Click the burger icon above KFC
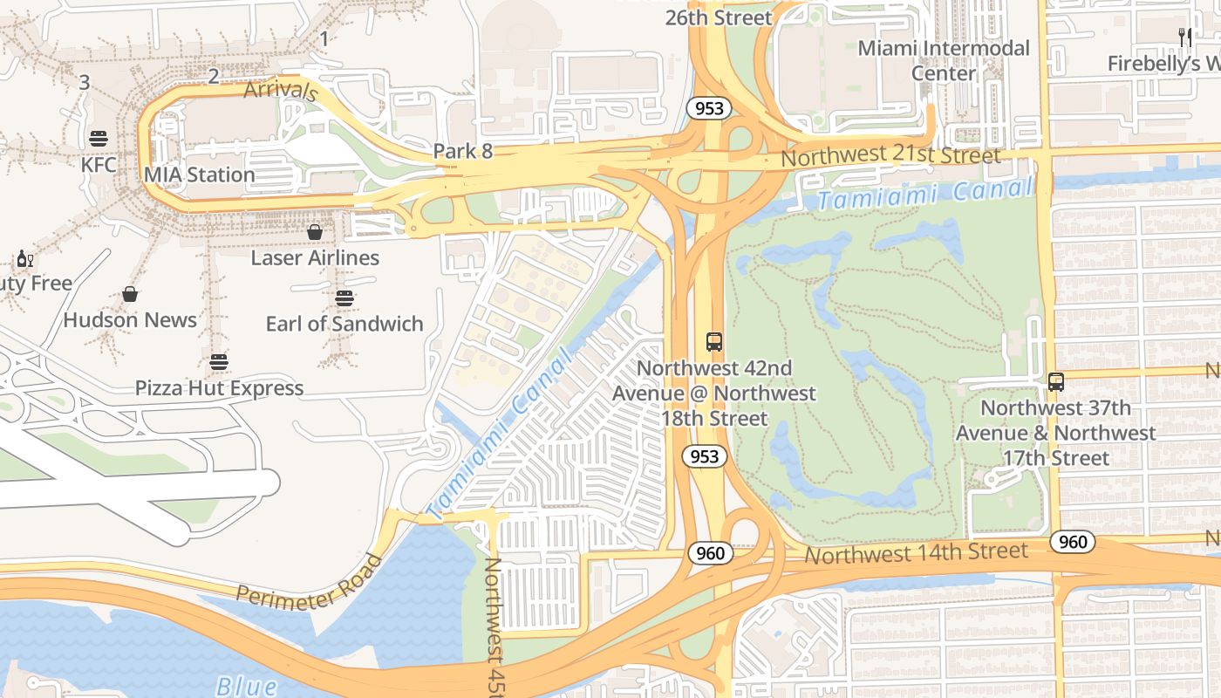(x=98, y=138)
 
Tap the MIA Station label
(x=200, y=174)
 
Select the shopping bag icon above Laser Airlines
(x=315, y=232)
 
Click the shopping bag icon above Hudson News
(x=130, y=294)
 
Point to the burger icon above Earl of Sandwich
(x=344, y=298)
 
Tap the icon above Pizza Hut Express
(x=219, y=362)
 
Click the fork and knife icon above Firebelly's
(x=1184, y=38)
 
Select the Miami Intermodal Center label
(x=944, y=60)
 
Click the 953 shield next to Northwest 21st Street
(x=707, y=108)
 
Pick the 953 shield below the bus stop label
(x=704, y=456)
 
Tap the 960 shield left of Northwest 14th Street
(x=710, y=552)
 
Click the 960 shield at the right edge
(x=1072, y=542)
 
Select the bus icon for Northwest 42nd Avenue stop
(x=714, y=342)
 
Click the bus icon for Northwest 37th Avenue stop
(x=1056, y=382)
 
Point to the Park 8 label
(x=463, y=151)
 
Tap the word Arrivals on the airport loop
(x=280, y=90)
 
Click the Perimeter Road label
(x=310, y=582)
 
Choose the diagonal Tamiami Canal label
(x=501, y=432)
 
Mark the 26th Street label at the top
(x=719, y=17)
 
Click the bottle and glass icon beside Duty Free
(x=25, y=259)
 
